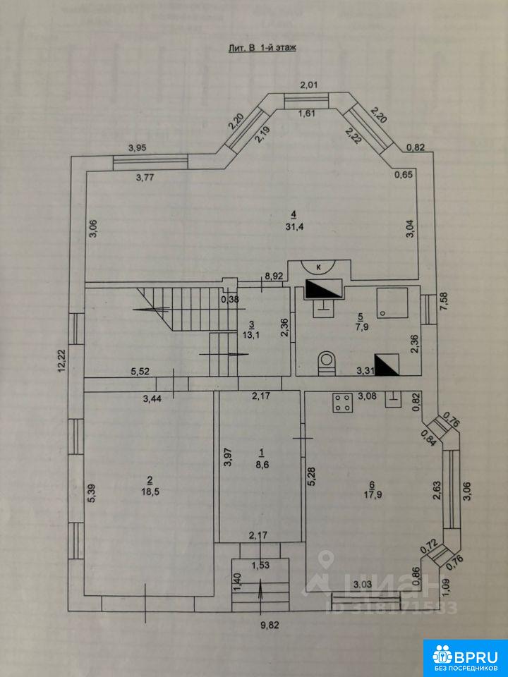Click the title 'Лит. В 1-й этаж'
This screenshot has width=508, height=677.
(262, 49)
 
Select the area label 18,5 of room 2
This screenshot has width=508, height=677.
(150, 492)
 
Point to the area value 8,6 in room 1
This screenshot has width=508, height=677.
(261, 465)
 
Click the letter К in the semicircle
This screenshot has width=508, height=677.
(319, 267)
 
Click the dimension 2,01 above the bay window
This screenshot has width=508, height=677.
(309, 85)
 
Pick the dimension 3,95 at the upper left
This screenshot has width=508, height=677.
(138, 147)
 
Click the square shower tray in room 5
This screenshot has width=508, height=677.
(392, 303)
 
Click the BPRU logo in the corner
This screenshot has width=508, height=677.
(465, 657)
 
